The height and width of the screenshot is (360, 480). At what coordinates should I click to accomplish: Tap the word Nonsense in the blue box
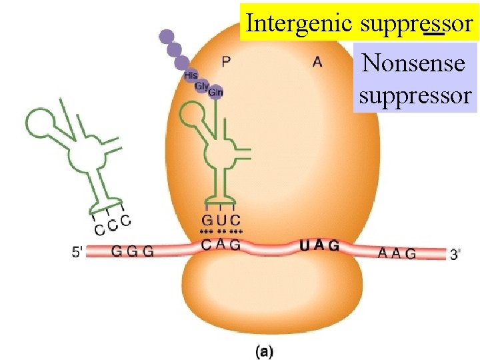click(413, 64)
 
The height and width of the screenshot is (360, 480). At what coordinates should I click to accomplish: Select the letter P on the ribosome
click(227, 62)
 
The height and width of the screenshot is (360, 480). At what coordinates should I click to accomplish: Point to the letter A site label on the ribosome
click(317, 62)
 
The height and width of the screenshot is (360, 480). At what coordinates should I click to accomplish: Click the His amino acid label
click(191, 75)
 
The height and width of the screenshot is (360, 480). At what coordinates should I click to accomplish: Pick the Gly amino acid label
click(202, 85)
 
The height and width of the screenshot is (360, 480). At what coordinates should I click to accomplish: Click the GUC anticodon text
click(221, 220)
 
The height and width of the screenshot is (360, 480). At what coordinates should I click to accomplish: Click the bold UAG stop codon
click(319, 245)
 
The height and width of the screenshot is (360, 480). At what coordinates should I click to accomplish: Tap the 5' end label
click(78, 252)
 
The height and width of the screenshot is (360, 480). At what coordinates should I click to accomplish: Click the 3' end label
click(456, 254)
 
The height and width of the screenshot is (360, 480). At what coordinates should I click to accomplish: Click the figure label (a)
click(264, 349)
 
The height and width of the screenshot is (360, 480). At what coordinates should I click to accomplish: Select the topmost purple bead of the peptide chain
click(167, 36)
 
